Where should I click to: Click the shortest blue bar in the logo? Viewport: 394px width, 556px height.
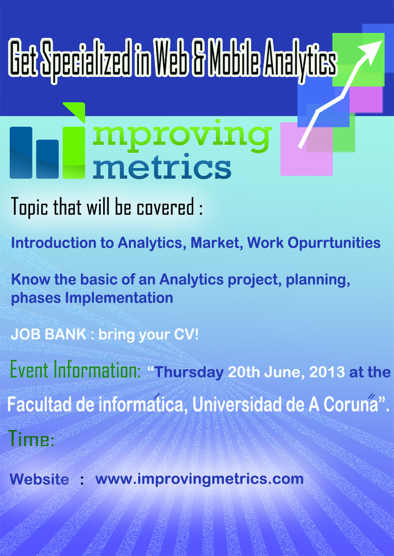47,159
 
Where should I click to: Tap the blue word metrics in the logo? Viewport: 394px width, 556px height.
162,166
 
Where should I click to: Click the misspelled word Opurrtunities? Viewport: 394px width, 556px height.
334,243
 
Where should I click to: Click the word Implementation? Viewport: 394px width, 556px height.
119,298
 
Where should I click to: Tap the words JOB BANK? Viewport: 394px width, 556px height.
49,334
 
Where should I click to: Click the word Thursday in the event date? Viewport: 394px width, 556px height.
189,373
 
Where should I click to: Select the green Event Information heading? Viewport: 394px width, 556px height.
75,370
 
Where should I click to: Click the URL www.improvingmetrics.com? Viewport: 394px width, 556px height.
199,479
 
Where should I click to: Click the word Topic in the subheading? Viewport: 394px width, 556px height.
30,207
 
